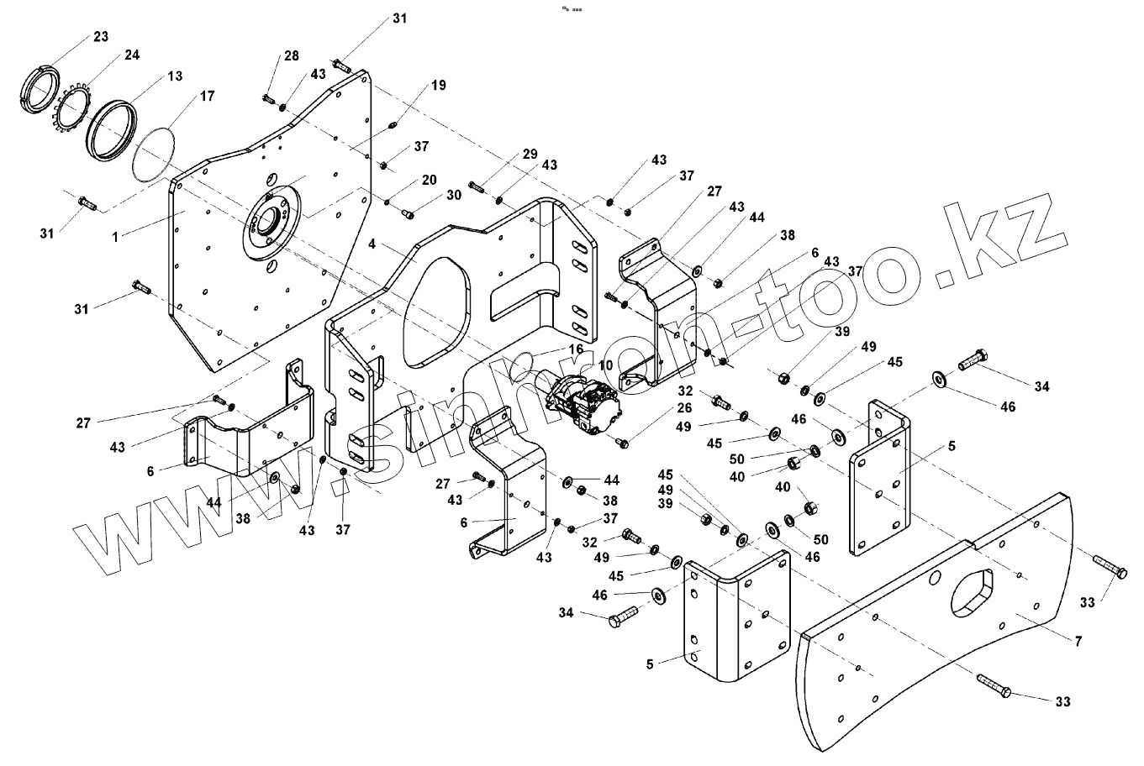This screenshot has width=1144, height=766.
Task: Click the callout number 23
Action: tap(100, 37)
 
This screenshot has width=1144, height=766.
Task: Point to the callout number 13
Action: tap(174, 76)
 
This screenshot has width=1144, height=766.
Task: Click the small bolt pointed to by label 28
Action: tap(269, 99)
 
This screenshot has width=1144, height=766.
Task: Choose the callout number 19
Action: tap(439, 85)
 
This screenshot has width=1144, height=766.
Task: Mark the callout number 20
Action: tap(429, 181)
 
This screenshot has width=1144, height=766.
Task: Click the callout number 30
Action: tap(454, 195)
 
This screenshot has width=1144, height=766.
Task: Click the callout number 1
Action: tap(115, 238)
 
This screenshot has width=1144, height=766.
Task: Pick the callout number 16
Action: tap(575, 349)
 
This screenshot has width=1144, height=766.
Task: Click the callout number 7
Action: tap(1077, 641)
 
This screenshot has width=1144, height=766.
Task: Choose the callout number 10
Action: tap(605, 365)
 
